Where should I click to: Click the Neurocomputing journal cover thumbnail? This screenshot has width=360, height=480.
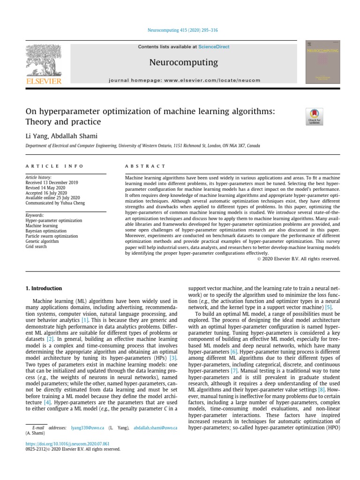(322, 62)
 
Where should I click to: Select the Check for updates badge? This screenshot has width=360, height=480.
(314, 117)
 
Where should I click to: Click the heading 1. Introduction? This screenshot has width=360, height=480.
(44, 288)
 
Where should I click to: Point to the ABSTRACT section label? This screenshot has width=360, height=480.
(145, 166)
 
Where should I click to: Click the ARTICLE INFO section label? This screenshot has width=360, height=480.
(54, 166)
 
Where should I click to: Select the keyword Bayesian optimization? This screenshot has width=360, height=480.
(46, 231)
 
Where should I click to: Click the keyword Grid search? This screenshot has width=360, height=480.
(36, 246)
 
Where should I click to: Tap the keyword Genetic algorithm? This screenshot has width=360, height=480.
(43, 241)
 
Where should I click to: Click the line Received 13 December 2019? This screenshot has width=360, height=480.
(52, 182)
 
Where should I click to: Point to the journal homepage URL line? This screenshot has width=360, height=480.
(184, 80)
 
